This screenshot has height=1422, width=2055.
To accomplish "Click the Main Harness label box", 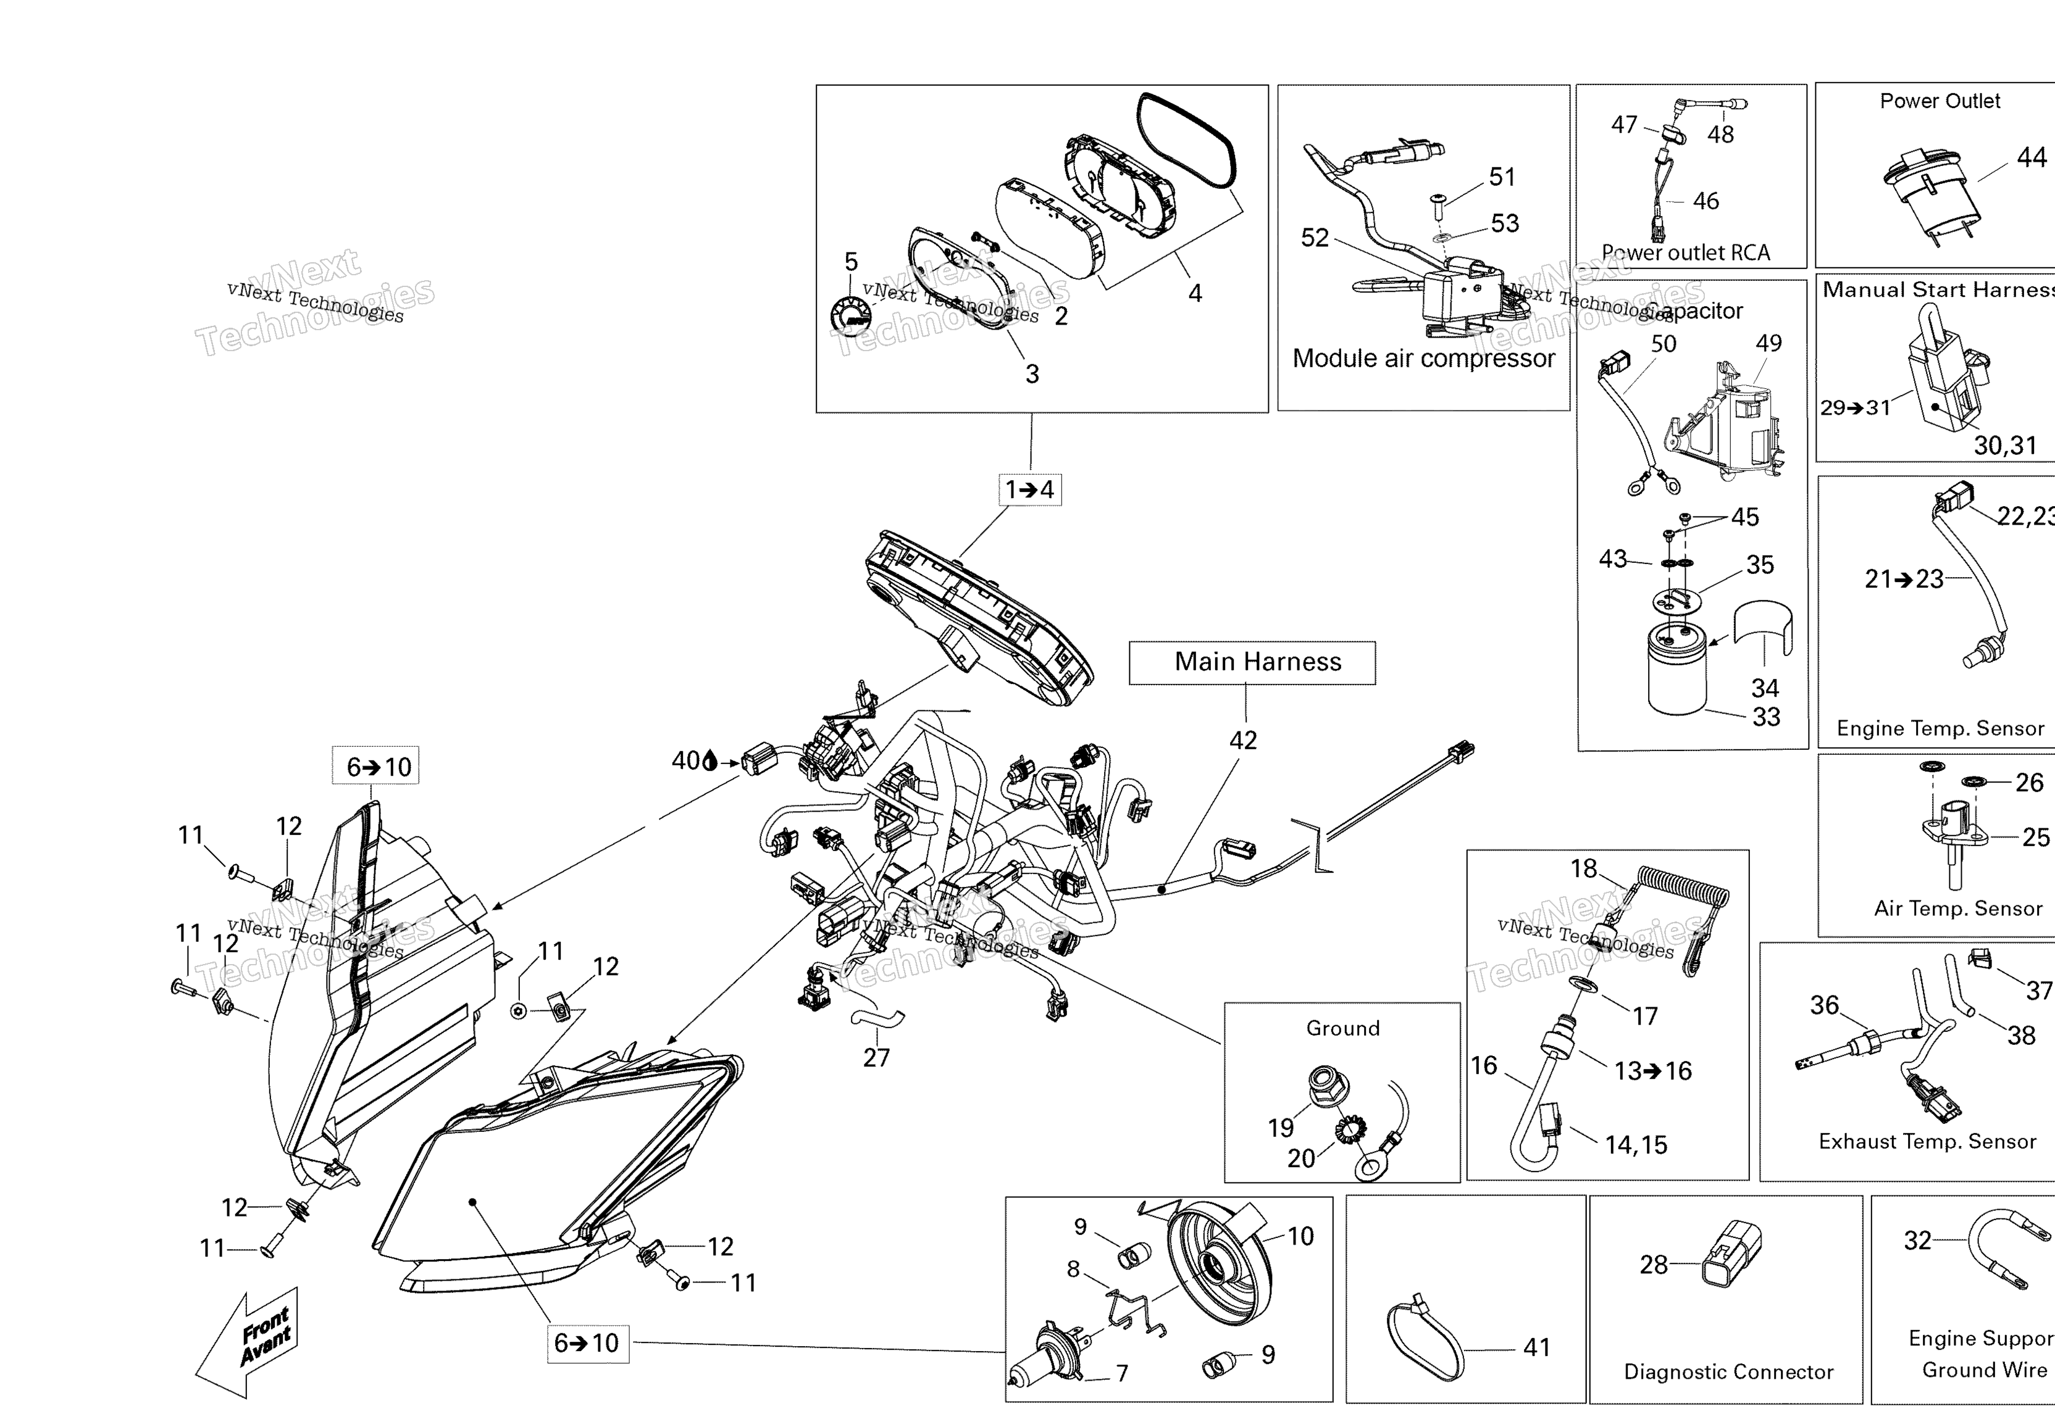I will (1252, 662).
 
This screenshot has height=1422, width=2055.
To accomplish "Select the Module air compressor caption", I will (1423, 358).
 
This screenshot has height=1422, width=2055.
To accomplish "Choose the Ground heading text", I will (1342, 1028).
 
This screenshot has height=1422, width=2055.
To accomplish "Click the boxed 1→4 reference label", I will (1029, 489).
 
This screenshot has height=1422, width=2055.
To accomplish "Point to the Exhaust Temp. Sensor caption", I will (1927, 1141).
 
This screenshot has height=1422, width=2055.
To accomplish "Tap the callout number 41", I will (1536, 1347).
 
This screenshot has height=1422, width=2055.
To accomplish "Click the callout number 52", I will (1315, 238).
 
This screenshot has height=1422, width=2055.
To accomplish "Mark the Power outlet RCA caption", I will (1685, 253).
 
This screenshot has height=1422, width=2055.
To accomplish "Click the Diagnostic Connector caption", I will (1728, 1371).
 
